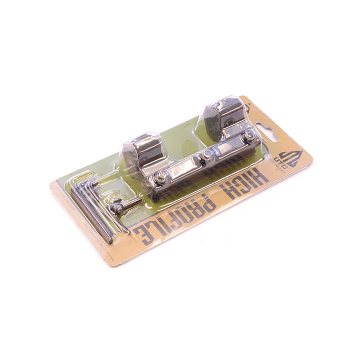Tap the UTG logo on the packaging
[x=289, y=159]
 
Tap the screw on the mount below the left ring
[x=162, y=175]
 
